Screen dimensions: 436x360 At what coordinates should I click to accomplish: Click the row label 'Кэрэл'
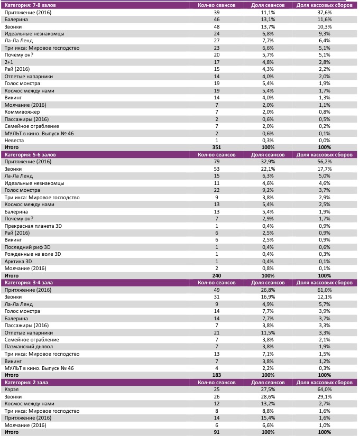coord(11,389)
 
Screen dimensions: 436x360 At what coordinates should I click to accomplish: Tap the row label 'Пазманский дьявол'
coord(27,346)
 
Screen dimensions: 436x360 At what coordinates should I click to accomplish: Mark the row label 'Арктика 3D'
coord(18,261)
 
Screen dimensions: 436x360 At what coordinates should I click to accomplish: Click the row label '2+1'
coord(8,62)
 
